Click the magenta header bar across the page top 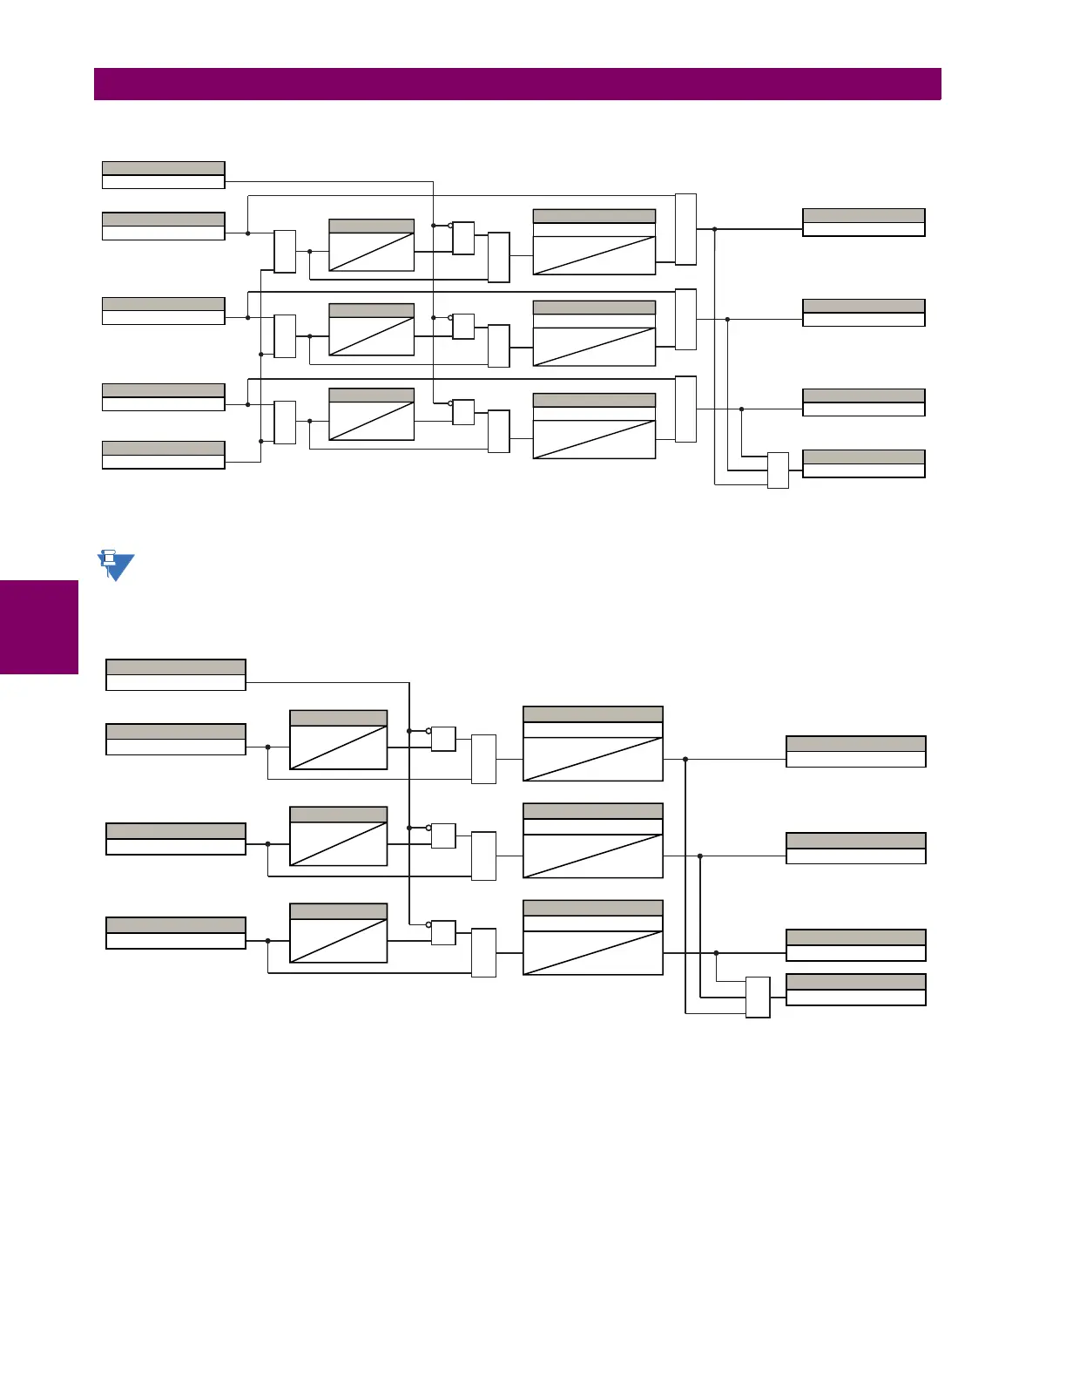(x=517, y=85)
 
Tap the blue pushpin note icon (x=115, y=565)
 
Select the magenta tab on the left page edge (x=38, y=627)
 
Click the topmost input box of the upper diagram (x=164, y=175)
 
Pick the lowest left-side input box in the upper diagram (x=164, y=455)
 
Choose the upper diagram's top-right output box (x=863, y=222)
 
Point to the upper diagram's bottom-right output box (x=863, y=463)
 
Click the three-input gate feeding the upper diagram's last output (x=778, y=470)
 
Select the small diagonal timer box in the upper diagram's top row (x=371, y=246)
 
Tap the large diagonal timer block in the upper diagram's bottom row (x=594, y=426)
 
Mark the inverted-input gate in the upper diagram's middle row (x=463, y=326)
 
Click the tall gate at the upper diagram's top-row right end (x=685, y=229)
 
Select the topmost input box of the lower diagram (x=176, y=675)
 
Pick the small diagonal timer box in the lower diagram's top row (x=338, y=740)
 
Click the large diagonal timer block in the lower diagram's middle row (x=593, y=841)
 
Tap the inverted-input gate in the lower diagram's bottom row (x=443, y=932)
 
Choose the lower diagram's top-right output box (x=855, y=752)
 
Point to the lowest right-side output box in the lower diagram (x=855, y=990)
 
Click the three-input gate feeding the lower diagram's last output (x=758, y=997)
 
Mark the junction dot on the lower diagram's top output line (x=685, y=760)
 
